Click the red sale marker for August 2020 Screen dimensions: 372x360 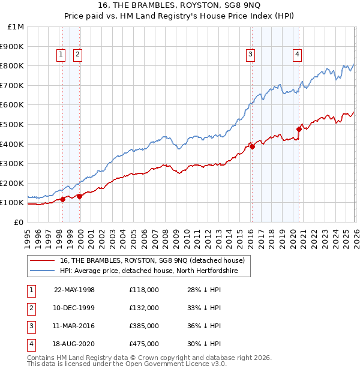(x=299, y=129)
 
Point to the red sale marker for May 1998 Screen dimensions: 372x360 (x=63, y=199)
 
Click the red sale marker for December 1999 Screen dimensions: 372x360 (x=79, y=196)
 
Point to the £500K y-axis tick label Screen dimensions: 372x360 (x=13, y=124)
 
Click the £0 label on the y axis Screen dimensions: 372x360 (x=19, y=222)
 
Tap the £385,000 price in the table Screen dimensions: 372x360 (x=143, y=326)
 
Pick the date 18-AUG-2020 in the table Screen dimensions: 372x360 (x=74, y=344)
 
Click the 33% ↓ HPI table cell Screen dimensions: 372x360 (x=204, y=308)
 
